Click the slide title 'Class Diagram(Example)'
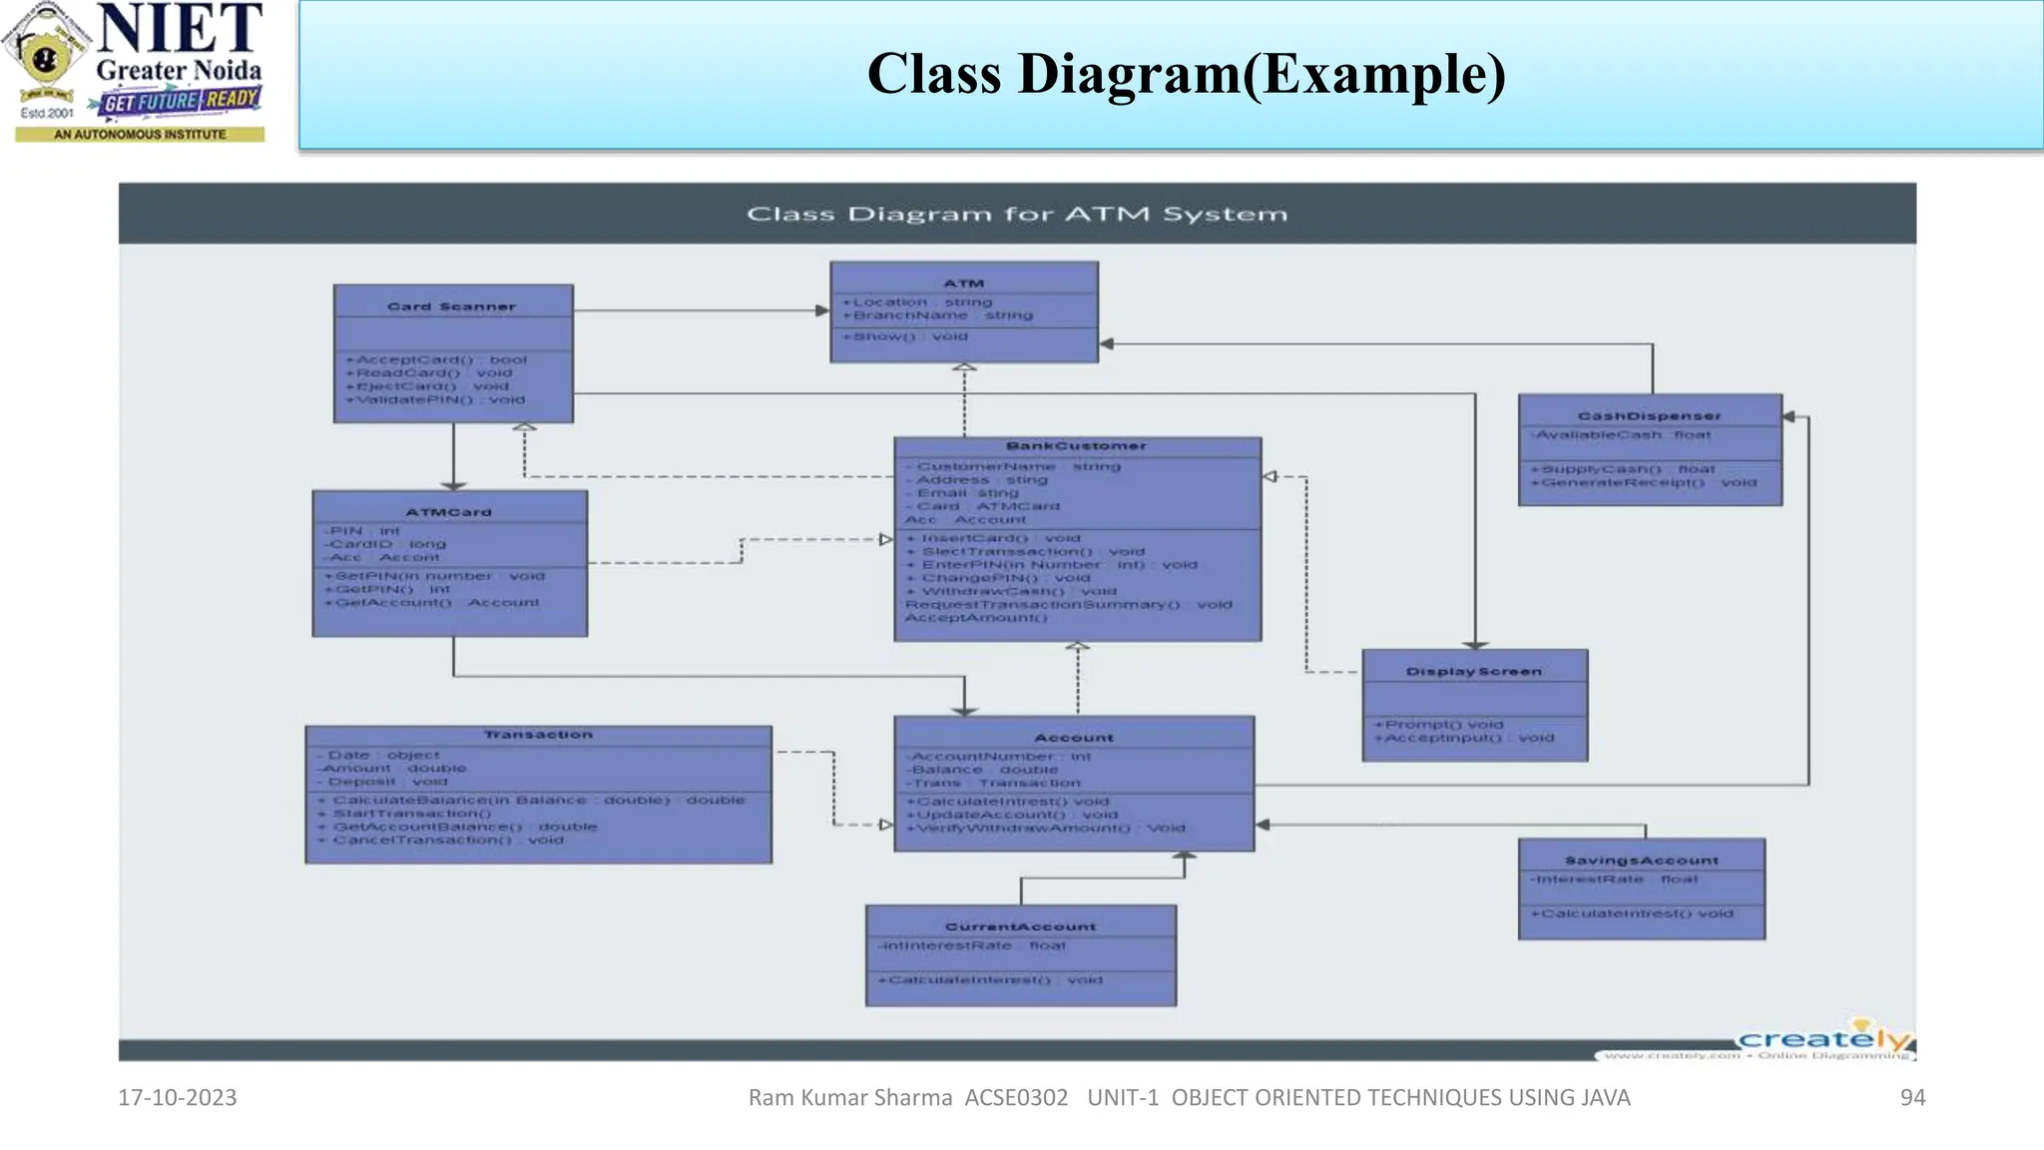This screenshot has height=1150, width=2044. (x=1186, y=75)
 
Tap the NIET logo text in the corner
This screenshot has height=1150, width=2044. (x=180, y=30)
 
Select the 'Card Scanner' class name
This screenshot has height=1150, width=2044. (x=451, y=306)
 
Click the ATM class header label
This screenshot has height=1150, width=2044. (x=963, y=284)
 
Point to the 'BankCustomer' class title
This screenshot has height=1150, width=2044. (x=1076, y=446)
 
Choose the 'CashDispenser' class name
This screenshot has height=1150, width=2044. (x=1649, y=415)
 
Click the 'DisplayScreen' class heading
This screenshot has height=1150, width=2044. (x=1473, y=672)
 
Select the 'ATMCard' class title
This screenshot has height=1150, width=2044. (x=448, y=512)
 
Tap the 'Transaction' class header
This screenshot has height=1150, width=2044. (x=538, y=735)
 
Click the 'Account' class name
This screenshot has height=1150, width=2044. (x=1073, y=738)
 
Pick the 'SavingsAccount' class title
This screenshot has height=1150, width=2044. (x=1641, y=861)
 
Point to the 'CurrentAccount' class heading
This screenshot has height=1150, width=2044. (x=1020, y=926)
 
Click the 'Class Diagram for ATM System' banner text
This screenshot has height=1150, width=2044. (x=1016, y=214)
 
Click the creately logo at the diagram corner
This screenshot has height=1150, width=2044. (x=1822, y=1040)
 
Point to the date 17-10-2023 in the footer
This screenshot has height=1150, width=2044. (x=177, y=1097)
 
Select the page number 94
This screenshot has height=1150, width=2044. (x=1911, y=1097)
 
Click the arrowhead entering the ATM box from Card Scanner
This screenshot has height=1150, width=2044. (x=822, y=310)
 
